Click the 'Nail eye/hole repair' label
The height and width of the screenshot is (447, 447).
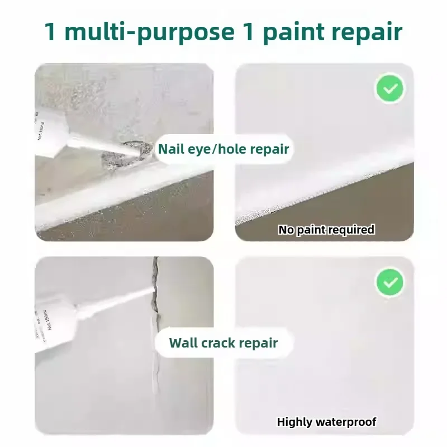(223, 149)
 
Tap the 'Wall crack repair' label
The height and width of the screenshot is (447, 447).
(223, 343)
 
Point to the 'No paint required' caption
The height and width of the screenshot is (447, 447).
(326, 230)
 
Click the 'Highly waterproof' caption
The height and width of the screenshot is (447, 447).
(326, 422)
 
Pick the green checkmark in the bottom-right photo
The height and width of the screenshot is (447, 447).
(390, 283)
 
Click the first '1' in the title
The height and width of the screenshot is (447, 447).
(50, 32)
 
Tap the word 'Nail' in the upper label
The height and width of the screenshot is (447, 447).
(170, 149)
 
